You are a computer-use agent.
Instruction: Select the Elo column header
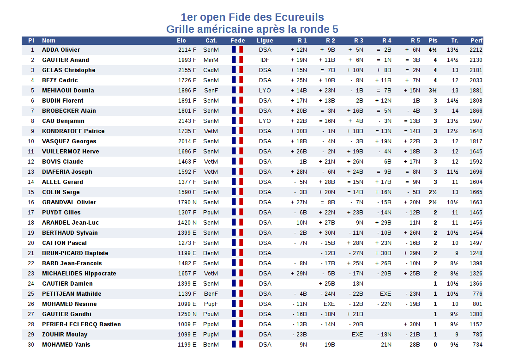click(181, 40)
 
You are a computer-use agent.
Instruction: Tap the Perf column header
click(476, 40)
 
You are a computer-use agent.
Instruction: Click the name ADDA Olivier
click(61, 50)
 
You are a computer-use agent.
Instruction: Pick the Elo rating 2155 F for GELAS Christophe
click(187, 70)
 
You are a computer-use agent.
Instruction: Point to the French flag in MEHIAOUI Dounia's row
click(237, 91)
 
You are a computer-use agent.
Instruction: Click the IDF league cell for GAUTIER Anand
click(265, 60)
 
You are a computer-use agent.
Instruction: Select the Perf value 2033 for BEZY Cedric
click(476, 80)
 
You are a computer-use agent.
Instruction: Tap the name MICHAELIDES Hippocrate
click(79, 274)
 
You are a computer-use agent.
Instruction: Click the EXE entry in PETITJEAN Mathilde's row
click(386, 294)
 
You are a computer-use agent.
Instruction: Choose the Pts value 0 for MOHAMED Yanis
click(435, 344)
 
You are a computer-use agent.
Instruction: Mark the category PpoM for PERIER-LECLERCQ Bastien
click(211, 324)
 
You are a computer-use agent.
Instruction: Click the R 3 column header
click(359, 40)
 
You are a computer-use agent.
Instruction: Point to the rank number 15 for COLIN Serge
click(31, 192)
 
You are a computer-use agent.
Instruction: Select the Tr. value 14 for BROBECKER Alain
click(455, 111)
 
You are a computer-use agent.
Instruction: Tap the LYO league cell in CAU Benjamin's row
click(265, 121)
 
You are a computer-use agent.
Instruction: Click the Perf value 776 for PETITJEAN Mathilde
click(477, 294)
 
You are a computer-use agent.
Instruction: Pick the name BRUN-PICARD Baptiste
click(75, 253)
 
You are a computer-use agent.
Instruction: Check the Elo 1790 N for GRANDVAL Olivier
click(187, 202)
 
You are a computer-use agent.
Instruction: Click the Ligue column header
click(265, 41)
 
